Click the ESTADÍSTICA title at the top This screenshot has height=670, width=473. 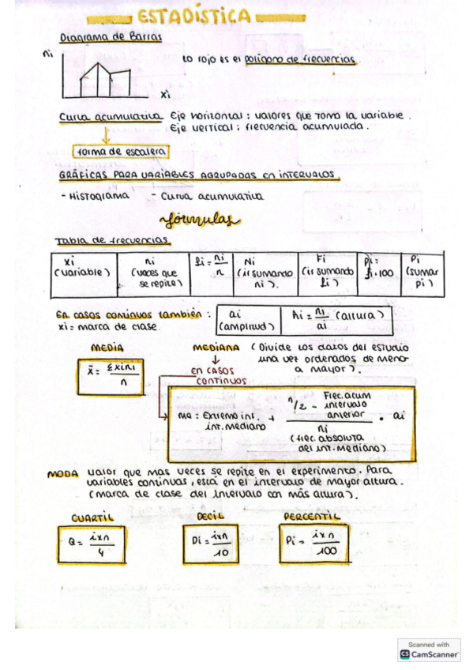[x=194, y=17]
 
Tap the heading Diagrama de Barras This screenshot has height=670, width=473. [x=111, y=37]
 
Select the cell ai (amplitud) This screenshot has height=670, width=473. [x=246, y=318]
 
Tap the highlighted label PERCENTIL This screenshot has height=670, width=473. [x=311, y=516]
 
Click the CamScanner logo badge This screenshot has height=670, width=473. [x=429, y=649]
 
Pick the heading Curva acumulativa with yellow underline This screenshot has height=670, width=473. [x=109, y=117]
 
